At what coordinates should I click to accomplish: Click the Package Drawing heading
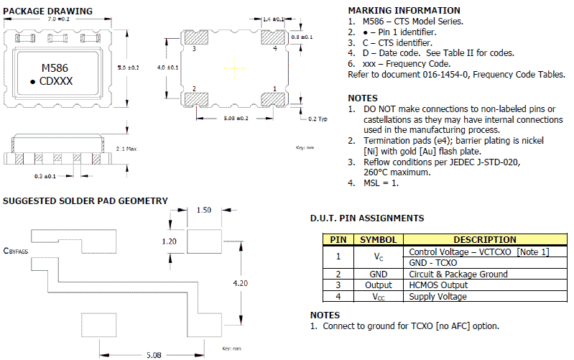pos(48,11)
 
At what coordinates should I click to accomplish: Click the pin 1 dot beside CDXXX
pos(33,82)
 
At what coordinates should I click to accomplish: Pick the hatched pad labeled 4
pos(275,41)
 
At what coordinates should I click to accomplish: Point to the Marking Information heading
pos(404,11)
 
